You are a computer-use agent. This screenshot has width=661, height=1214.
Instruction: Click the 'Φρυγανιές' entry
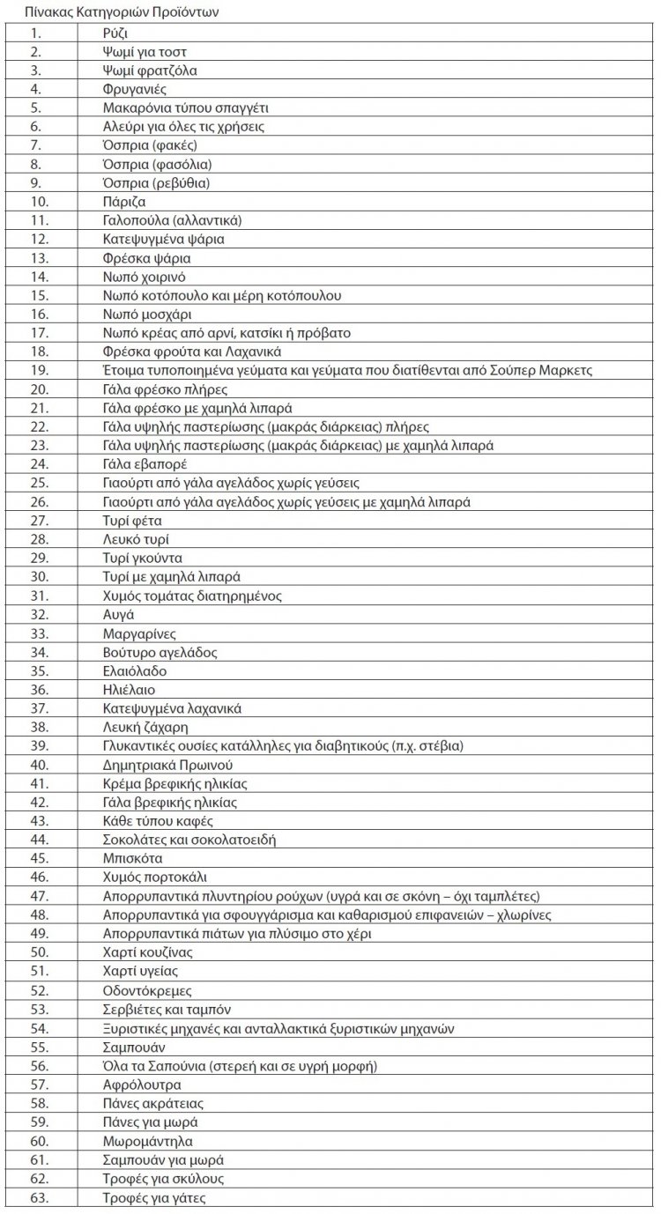pyautogui.click(x=135, y=89)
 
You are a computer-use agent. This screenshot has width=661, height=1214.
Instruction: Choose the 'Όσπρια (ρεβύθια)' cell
pyautogui.click(x=156, y=183)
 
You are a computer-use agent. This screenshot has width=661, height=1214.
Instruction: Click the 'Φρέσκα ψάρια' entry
pyautogui.click(x=146, y=258)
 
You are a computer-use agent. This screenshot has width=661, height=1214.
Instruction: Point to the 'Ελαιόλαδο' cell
pyautogui.click(x=135, y=670)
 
